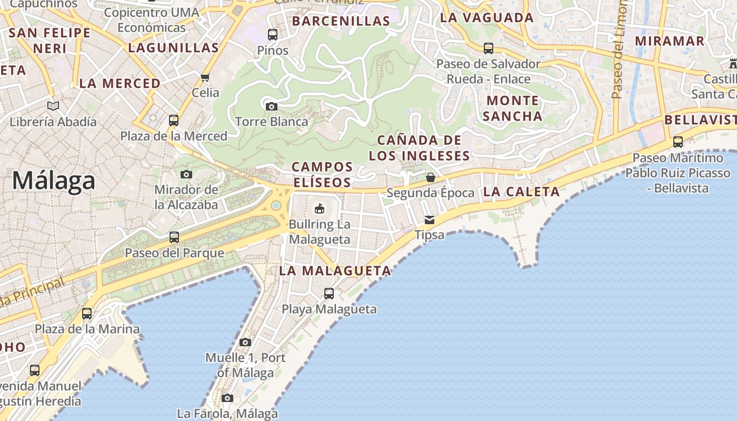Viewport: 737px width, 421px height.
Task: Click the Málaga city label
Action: click(54, 181)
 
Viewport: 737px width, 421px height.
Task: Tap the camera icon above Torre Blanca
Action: click(272, 106)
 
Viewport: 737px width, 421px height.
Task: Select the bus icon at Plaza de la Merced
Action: click(174, 121)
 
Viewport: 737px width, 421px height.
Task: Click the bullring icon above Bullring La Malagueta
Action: click(319, 209)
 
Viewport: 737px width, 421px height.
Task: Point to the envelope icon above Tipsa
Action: click(430, 219)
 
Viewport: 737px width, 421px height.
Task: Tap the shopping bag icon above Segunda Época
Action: click(430, 177)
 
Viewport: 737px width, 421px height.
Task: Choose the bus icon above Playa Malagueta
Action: click(329, 294)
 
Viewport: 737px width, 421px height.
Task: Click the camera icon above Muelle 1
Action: click(245, 342)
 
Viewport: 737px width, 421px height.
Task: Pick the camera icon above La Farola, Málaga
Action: click(227, 398)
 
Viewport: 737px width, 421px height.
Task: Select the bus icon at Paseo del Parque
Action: click(174, 237)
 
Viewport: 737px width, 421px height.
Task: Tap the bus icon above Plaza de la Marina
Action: click(87, 314)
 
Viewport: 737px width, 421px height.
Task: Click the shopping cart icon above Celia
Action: click(205, 77)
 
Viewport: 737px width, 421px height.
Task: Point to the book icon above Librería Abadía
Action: click(53, 106)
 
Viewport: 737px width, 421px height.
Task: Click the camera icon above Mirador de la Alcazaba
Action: click(186, 174)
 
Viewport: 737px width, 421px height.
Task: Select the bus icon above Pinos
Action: click(273, 35)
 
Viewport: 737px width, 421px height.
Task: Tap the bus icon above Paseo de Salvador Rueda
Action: click(489, 48)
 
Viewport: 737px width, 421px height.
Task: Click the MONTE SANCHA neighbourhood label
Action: click(512, 108)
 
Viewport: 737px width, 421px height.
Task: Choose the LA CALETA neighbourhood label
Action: click(521, 192)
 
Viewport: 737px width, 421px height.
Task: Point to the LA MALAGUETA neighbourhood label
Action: click(335, 271)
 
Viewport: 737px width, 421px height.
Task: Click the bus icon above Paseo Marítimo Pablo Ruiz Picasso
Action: click(678, 142)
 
